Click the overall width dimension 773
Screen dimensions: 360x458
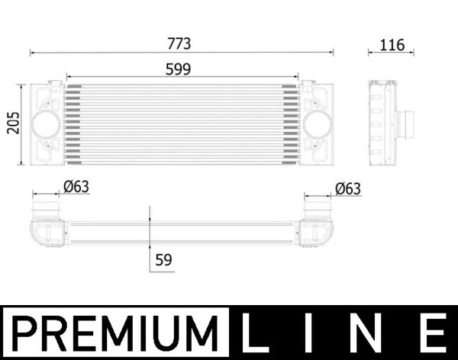(182, 43)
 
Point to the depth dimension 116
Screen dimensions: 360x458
(392, 44)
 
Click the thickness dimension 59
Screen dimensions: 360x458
(163, 259)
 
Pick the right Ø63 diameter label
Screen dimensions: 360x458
(347, 188)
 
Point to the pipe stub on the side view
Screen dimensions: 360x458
(405, 122)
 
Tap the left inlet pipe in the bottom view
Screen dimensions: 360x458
(44, 207)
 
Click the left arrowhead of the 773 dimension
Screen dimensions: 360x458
(32, 53)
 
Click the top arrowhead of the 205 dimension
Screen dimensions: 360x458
(21, 83)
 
